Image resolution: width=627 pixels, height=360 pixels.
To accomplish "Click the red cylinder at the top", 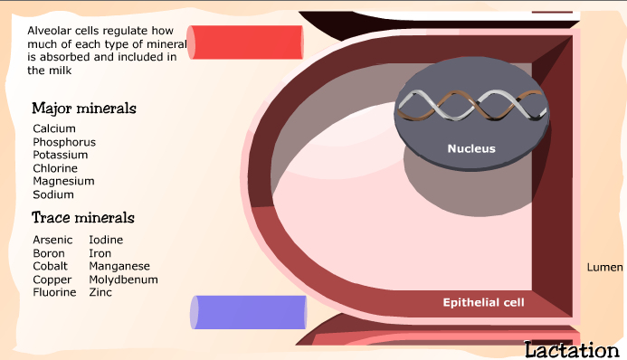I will point(244,43).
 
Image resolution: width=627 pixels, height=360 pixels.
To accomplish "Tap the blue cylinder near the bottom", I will point(248,312).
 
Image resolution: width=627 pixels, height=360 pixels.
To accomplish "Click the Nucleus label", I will point(471,148).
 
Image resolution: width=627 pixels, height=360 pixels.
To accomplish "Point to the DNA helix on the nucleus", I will point(471,107).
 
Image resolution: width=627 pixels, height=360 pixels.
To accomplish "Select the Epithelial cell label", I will point(483,302).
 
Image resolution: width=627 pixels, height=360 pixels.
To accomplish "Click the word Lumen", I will point(604,268).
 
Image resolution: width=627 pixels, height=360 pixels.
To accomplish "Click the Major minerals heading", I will point(83,109).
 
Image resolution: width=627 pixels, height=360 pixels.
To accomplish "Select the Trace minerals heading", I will point(82,218).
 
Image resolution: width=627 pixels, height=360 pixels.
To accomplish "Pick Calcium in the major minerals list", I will point(54,129).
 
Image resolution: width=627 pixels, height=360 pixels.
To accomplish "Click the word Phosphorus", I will point(64,142).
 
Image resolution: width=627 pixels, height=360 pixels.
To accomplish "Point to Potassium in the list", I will point(60,155).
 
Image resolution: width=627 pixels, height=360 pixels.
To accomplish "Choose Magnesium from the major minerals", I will point(63,181).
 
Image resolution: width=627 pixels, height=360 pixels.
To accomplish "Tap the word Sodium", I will point(53,194).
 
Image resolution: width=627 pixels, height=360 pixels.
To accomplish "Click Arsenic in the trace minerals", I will point(52,240).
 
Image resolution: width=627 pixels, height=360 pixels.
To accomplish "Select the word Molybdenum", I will point(123,279).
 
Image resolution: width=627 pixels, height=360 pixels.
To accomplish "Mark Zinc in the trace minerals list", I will point(100,293).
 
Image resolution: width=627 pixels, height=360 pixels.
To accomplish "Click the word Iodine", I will point(106,240).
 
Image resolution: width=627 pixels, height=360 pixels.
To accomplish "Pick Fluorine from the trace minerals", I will point(54,293).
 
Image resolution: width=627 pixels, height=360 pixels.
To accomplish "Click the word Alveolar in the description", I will point(51,31).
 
